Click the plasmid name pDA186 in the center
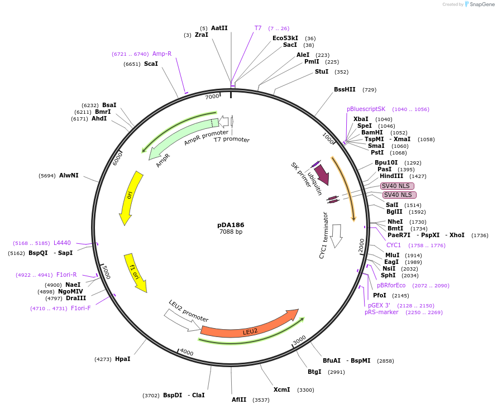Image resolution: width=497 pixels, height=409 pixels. (231, 225)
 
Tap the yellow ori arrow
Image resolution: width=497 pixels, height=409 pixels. (131, 196)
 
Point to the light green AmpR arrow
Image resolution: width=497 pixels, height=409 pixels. (179, 138)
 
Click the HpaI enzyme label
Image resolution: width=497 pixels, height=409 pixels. (122, 359)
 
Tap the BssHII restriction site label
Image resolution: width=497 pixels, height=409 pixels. (345, 89)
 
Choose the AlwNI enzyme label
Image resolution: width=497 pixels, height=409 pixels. (69, 175)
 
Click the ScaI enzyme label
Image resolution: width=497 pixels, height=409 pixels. (151, 64)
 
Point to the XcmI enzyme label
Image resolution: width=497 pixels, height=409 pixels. (281, 389)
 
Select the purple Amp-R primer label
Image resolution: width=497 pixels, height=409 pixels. (162, 54)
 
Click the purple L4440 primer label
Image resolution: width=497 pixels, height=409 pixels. (62, 243)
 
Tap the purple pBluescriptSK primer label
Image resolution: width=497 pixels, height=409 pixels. (366, 109)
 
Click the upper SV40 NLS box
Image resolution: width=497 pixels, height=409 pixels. (397, 186)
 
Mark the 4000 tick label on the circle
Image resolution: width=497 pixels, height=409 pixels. (187, 353)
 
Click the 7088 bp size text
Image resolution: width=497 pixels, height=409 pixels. (231, 232)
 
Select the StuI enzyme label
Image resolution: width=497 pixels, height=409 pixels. (322, 71)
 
